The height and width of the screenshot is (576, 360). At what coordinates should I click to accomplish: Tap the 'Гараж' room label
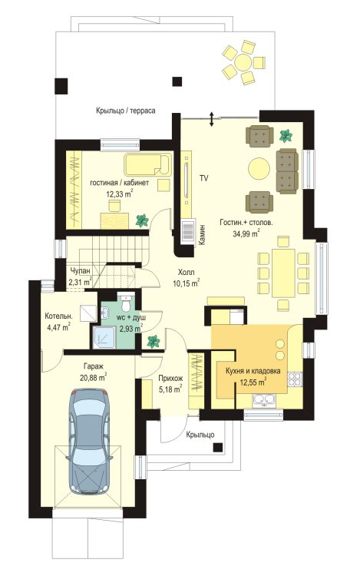click(93, 366)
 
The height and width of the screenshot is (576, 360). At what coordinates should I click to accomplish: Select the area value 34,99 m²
click(246, 233)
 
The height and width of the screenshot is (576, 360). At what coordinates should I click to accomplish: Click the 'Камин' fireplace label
click(201, 235)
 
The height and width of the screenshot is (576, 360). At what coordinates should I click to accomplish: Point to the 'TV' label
click(204, 178)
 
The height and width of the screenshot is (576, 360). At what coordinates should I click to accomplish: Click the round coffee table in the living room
click(259, 168)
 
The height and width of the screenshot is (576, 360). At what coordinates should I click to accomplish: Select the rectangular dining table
click(284, 273)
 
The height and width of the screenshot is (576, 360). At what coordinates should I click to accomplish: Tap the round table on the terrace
click(243, 61)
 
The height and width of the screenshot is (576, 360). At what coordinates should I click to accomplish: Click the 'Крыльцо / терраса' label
click(126, 110)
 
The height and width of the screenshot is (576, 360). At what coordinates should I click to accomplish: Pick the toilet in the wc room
click(126, 303)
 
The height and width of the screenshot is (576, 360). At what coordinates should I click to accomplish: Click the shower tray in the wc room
click(104, 337)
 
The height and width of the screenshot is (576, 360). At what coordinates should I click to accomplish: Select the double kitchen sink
click(264, 399)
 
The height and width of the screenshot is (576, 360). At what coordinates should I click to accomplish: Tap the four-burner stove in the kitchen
click(294, 379)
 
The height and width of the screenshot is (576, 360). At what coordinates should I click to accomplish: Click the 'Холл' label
click(186, 272)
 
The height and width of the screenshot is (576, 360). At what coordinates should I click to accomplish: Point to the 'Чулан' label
click(80, 271)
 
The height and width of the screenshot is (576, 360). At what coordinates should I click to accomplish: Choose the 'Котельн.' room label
click(58, 316)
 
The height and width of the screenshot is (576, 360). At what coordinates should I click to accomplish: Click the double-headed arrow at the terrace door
click(211, 119)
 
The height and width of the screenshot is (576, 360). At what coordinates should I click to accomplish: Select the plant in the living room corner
click(285, 136)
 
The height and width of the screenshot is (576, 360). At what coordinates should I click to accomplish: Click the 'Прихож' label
click(170, 378)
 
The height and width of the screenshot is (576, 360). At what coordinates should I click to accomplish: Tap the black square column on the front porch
click(218, 447)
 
